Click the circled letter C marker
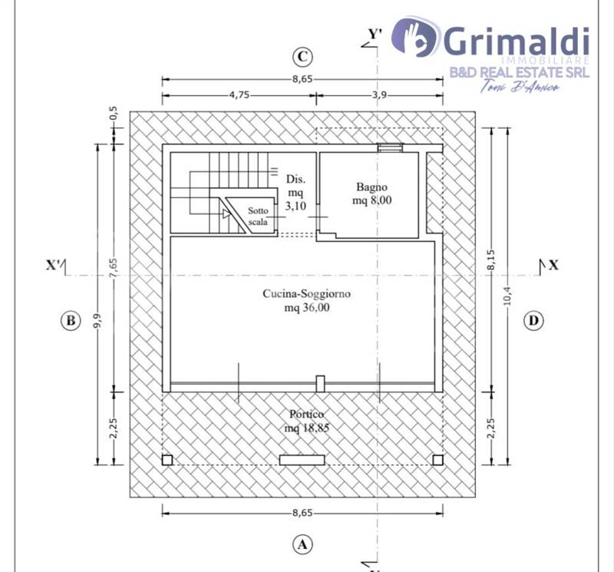(302, 57)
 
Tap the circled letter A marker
(302, 544)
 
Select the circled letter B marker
(71, 321)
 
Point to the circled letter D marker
(533, 321)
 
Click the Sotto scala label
(258, 217)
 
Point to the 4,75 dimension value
(239, 95)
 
